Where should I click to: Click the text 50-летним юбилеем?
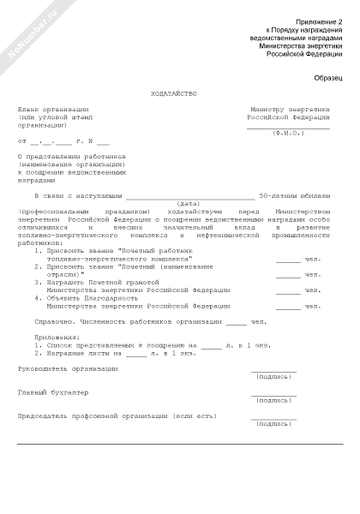(294, 195)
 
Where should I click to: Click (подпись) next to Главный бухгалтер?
(273, 399)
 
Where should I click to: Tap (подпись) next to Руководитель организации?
(273, 375)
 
